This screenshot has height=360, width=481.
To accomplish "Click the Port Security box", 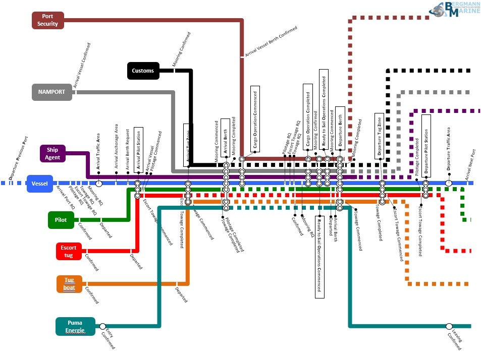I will (x=48, y=20).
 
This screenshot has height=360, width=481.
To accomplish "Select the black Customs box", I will (x=143, y=71).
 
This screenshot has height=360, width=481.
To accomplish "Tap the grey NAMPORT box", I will (x=51, y=92).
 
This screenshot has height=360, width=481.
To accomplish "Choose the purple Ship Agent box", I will (x=53, y=154).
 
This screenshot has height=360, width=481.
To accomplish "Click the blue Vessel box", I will (x=39, y=184).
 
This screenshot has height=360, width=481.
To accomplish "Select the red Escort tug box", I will (x=69, y=251).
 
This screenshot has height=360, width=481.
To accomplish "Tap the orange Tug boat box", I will (x=69, y=284).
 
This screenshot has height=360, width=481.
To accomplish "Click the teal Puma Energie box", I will (x=75, y=326).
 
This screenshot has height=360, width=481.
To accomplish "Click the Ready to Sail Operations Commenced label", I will (x=320, y=256).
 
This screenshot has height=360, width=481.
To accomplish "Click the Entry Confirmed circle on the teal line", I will (x=103, y=326).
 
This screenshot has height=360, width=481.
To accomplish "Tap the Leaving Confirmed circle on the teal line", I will (x=449, y=326).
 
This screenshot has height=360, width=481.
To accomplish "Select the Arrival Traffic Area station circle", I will (x=99, y=184).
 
